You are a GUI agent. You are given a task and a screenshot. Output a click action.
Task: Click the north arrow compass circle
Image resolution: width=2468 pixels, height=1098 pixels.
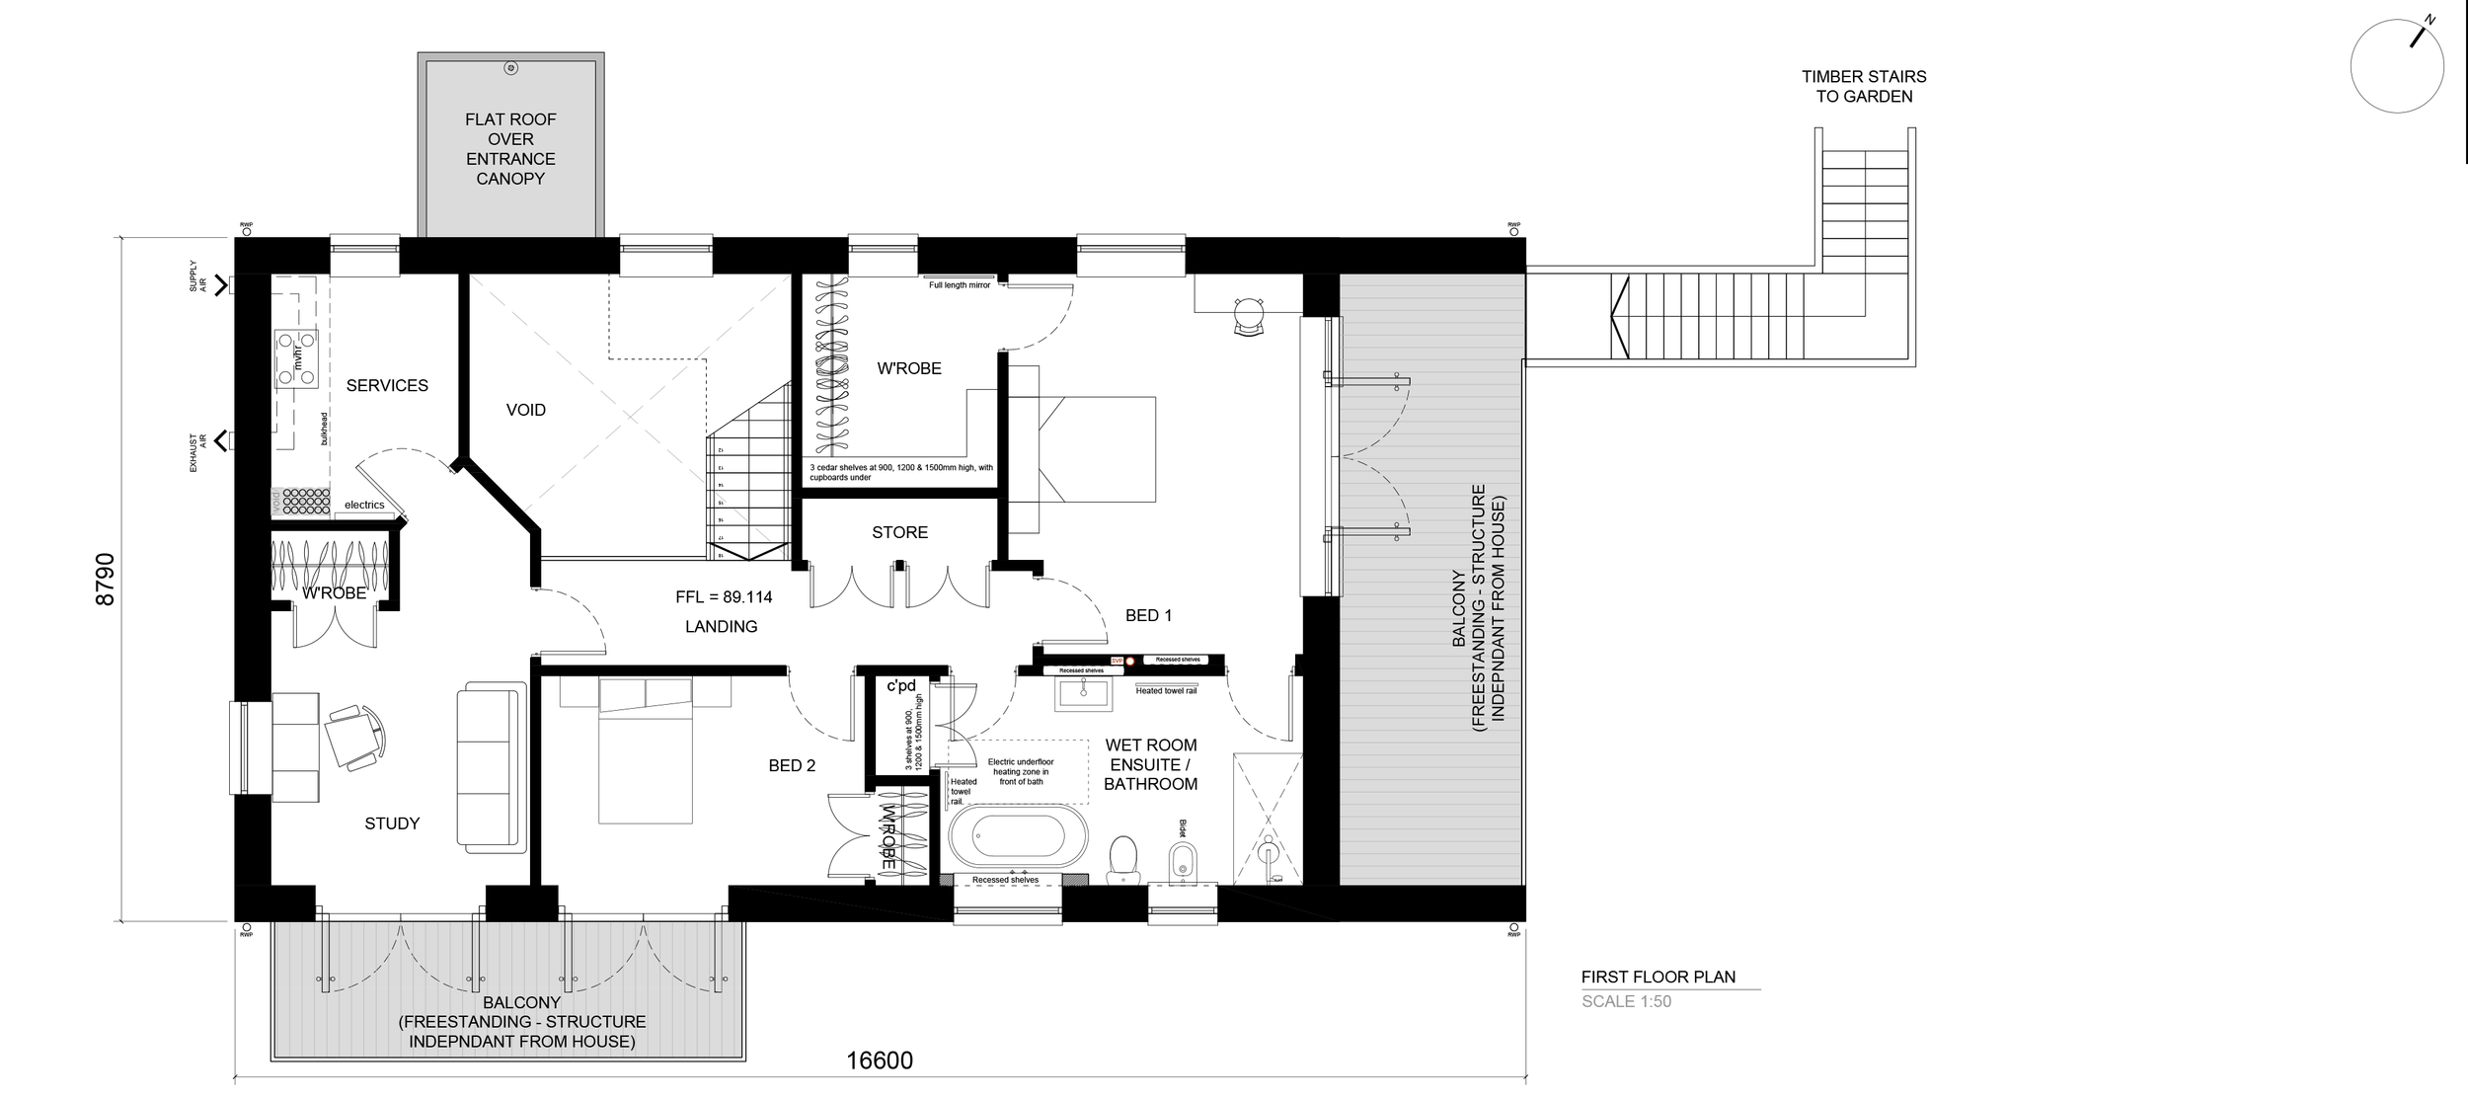pos(2396,67)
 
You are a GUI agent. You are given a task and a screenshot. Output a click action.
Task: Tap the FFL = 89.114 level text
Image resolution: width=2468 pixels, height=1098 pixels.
pos(724,597)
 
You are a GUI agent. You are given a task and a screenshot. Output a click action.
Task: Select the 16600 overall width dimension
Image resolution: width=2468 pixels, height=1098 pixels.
pos(880,1060)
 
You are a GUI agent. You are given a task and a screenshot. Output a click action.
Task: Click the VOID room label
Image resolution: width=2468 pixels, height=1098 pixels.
pos(525,410)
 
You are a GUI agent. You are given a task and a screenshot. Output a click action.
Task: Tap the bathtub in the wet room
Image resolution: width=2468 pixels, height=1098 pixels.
pos(1018,836)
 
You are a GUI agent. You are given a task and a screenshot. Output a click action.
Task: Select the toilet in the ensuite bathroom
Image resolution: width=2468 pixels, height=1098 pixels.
pos(1122,858)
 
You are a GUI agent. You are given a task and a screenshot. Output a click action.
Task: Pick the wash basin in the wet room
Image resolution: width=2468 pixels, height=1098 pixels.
pos(1083,695)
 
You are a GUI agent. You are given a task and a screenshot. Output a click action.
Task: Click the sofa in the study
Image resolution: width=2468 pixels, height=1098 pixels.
pos(490,766)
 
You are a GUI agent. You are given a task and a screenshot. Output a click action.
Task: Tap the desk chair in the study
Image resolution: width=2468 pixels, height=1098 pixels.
pos(355,736)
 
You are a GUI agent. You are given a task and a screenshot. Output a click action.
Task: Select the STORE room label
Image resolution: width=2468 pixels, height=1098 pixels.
pos(899,532)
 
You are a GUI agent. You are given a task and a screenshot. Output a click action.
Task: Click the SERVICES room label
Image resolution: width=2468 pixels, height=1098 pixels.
pos(387,385)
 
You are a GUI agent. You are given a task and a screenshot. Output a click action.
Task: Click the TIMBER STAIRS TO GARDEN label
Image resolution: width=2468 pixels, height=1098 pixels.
pos(1863,86)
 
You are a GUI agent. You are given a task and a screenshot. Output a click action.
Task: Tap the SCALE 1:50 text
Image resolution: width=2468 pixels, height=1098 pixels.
pos(1626,1001)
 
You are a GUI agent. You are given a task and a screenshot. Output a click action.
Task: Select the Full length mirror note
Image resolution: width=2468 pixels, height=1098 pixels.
pos(959,285)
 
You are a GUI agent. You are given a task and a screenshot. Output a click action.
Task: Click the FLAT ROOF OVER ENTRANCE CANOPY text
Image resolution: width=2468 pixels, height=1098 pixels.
pos(510,148)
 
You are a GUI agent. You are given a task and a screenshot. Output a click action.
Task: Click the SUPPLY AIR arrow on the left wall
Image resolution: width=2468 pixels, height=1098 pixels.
pos(219,285)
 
